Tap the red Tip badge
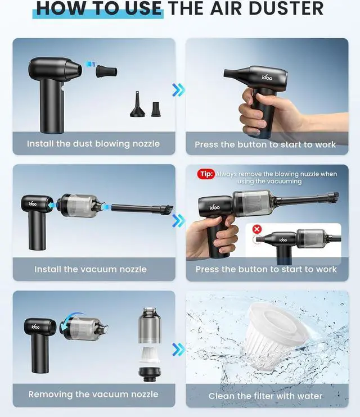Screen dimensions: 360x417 (206, 174)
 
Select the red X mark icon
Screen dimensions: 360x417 (257, 229)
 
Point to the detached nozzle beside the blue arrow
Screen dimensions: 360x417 (106, 71)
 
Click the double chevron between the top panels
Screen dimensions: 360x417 (178, 90)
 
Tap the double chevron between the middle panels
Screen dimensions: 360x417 (178, 221)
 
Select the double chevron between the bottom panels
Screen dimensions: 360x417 (178, 350)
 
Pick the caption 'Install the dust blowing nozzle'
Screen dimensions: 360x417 (93, 144)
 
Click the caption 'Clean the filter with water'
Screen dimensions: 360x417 (265, 396)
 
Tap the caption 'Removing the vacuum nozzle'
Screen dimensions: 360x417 (93, 394)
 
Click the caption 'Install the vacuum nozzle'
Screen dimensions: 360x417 (91, 269)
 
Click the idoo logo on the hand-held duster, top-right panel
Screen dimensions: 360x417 (267, 78)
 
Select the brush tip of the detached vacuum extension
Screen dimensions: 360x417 (167, 210)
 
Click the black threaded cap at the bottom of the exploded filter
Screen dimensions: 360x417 (150, 374)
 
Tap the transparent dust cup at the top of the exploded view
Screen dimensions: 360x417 (150, 325)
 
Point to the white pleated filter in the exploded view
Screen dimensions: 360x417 (150, 355)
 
